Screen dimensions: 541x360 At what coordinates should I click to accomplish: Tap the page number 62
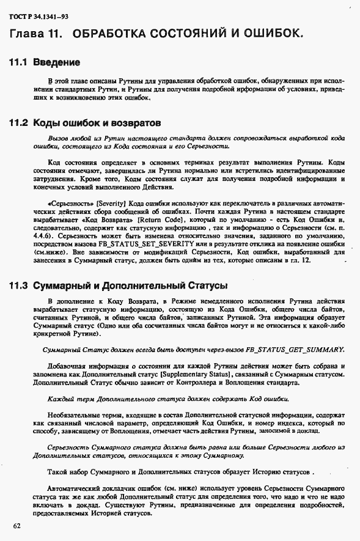pyautogui.click(x=16, y=526)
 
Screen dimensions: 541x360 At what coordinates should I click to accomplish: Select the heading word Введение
pyautogui.click(x=56, y=62)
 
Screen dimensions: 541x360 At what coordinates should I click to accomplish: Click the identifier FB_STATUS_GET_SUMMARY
pyautogui.click(x=296, y=349)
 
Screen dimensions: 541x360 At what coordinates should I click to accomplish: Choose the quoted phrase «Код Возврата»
pyautogui.click(x=112, y=218)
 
